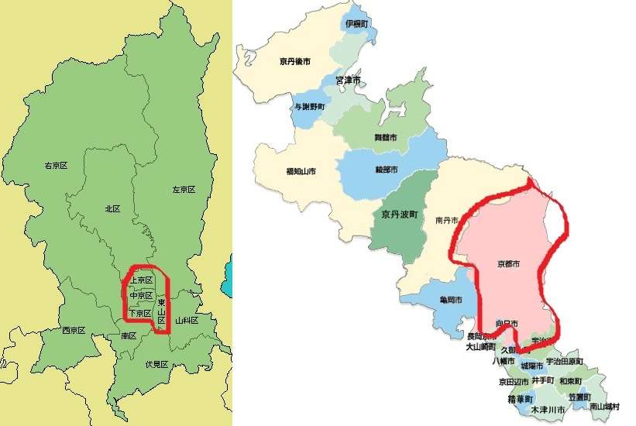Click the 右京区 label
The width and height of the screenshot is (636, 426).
(x=57, y=166)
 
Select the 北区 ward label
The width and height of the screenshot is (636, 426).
(x=112, y=208)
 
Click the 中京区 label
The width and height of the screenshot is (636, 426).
(x=141, y=296)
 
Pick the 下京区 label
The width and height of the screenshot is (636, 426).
(x=140, y=313)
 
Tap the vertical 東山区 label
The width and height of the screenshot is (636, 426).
(x=161, y=311)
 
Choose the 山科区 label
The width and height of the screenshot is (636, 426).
(x=187, y=320)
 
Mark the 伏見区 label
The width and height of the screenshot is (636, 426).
(x=156, y=364)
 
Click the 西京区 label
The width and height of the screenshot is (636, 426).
(x=74, y=331)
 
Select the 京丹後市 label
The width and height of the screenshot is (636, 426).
(x=294, y=61)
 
